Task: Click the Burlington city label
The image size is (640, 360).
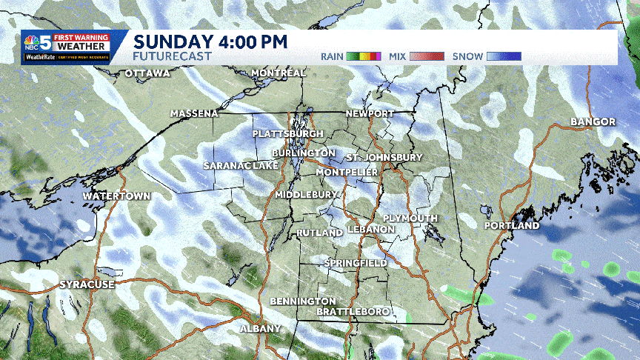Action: coord(303,153)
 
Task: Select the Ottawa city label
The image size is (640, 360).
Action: coord(147,73)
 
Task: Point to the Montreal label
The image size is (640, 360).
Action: coord(279,73)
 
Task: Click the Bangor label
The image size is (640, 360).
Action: coord(593,121)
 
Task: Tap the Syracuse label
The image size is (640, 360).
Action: coord(87,284)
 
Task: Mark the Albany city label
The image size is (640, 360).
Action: coord(260,328)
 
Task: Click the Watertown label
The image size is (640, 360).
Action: coord(116,196)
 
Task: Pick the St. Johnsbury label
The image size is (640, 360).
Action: coord(384,158)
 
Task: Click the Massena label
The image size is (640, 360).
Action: coord(194,113)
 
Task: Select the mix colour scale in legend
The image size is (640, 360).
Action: coord(427,56)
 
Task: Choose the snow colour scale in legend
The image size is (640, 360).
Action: coord(504,56)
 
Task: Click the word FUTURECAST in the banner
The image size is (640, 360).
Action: coord(172,56)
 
